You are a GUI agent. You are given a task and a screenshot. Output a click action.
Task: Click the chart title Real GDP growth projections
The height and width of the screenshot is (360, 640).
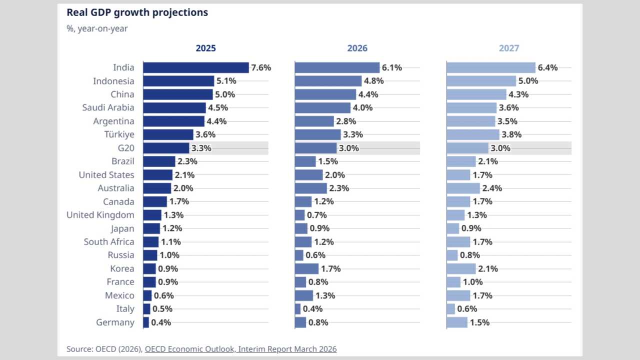(x=137, y=12)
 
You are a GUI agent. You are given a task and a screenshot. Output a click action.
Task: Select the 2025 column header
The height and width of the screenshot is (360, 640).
(x=205, y=48)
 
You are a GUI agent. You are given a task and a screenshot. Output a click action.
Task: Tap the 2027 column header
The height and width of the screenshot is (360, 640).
(x=509, y=48)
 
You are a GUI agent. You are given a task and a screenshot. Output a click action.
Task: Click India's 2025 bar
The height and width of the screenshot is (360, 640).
(x=196, y=67)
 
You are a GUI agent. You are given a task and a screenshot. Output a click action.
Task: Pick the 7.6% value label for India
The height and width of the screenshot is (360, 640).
(x=261, y=67)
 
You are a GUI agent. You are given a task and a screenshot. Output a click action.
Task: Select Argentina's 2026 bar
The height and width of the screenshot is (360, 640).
(x=314, y=121)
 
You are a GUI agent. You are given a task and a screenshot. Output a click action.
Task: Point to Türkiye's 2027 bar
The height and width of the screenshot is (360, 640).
(x=473, y=134)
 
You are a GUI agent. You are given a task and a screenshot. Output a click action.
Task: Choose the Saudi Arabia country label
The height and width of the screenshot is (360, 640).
(x=108, y=107)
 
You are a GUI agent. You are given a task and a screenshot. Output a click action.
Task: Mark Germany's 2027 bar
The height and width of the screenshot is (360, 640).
(x=457, y=322)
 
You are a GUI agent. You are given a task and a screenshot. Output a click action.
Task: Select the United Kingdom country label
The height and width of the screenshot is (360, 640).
(x=100, y=215)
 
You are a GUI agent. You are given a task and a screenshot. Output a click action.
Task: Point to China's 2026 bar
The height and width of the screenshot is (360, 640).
(x=325, y=94)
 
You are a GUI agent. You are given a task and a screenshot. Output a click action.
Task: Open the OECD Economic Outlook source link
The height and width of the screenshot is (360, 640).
(x=240, y=349)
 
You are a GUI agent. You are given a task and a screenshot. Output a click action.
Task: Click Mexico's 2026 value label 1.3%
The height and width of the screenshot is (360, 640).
(x=325, y=295)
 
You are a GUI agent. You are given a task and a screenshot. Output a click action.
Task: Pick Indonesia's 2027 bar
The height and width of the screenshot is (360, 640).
(x=481, y=81)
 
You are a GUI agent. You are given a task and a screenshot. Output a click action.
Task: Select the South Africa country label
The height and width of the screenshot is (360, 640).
(x=109, y=242)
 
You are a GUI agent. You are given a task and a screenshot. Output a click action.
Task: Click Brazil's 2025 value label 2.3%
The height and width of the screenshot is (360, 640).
(x=187, y=161)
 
